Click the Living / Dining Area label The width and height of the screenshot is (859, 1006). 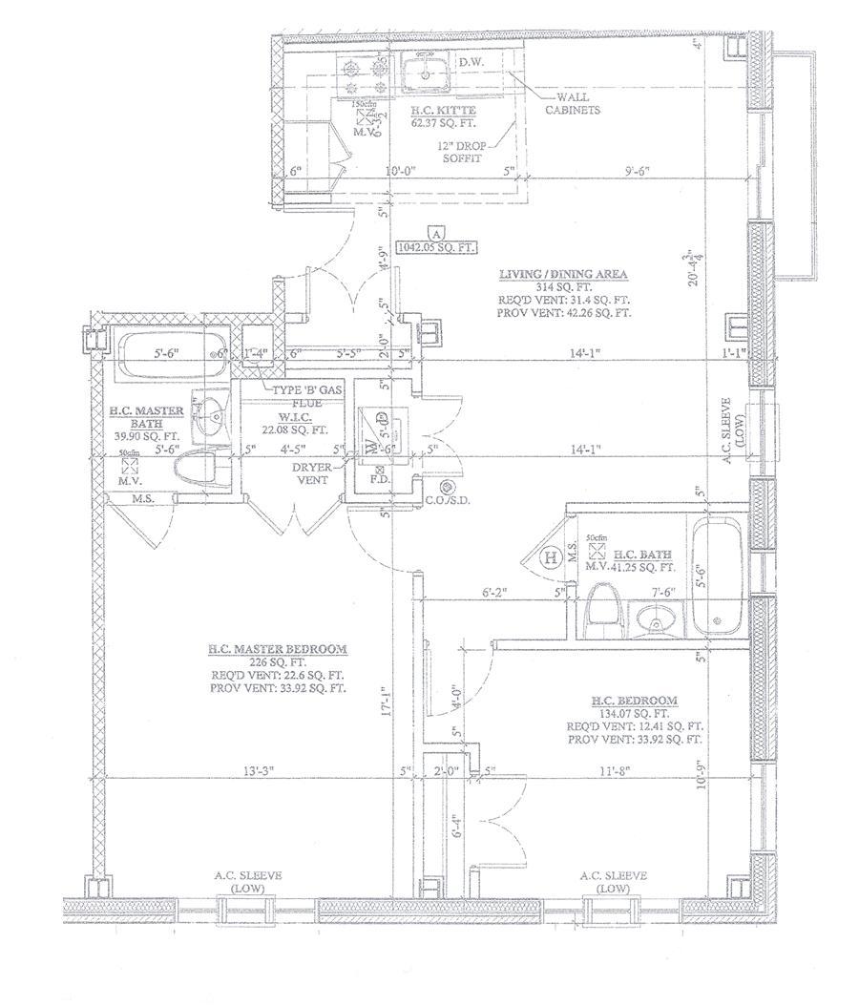click(563, 275)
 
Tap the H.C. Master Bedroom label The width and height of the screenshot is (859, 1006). click(278, 650)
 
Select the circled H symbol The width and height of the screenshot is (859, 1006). click(551, 557)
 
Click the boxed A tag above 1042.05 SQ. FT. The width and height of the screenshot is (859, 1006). click(436, 233)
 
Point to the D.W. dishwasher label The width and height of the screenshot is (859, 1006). click(471, 64)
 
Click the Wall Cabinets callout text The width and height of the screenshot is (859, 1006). click(573, 103)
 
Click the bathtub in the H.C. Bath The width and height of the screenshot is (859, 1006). click(716, 577)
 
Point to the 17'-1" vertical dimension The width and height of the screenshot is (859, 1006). click(387, 704)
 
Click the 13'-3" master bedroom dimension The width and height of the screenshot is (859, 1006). click(252, 769)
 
